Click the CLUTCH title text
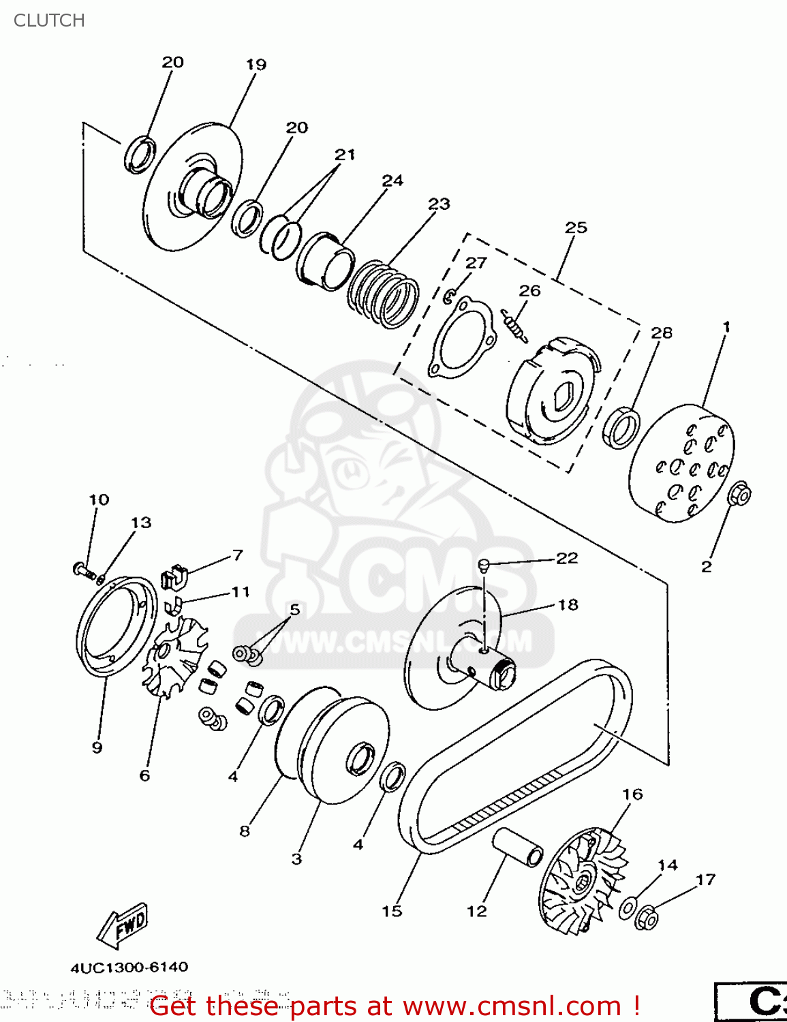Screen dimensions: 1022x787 click(x=49, y=20)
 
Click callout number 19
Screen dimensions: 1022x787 click(x=256, y=65)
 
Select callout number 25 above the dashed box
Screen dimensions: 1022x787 click(x=576, y=228)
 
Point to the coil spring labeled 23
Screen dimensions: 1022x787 click(x=384, y=293)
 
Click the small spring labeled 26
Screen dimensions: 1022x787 click(x=514, y=325)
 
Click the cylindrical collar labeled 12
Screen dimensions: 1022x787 click(x=519, y=848)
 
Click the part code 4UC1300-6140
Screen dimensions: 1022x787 click(x=129, y=967)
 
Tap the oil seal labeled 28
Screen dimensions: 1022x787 click(x=622, y=427)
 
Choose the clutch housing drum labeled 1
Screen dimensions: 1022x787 click(x=681, y=463)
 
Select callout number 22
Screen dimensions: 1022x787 click(x=567, y=559)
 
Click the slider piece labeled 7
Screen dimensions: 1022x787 click(x=174, y=576)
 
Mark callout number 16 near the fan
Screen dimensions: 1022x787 click(x=632, y=794)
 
